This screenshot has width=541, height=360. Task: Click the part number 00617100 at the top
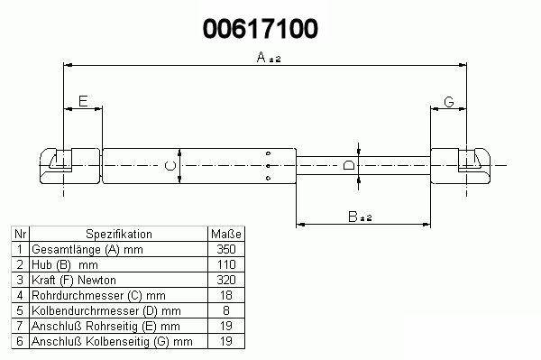261,29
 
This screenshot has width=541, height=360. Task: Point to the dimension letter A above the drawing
261,57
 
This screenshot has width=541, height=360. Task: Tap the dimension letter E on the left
83,101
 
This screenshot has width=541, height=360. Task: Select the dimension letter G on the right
448,102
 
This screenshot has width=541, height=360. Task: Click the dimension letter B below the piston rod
353,217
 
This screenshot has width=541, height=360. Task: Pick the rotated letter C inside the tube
170,166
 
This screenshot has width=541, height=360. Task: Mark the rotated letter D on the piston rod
349,165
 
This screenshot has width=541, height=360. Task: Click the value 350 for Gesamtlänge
226,249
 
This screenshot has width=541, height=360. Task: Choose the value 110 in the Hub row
226,264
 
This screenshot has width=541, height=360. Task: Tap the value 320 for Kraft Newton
226,280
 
